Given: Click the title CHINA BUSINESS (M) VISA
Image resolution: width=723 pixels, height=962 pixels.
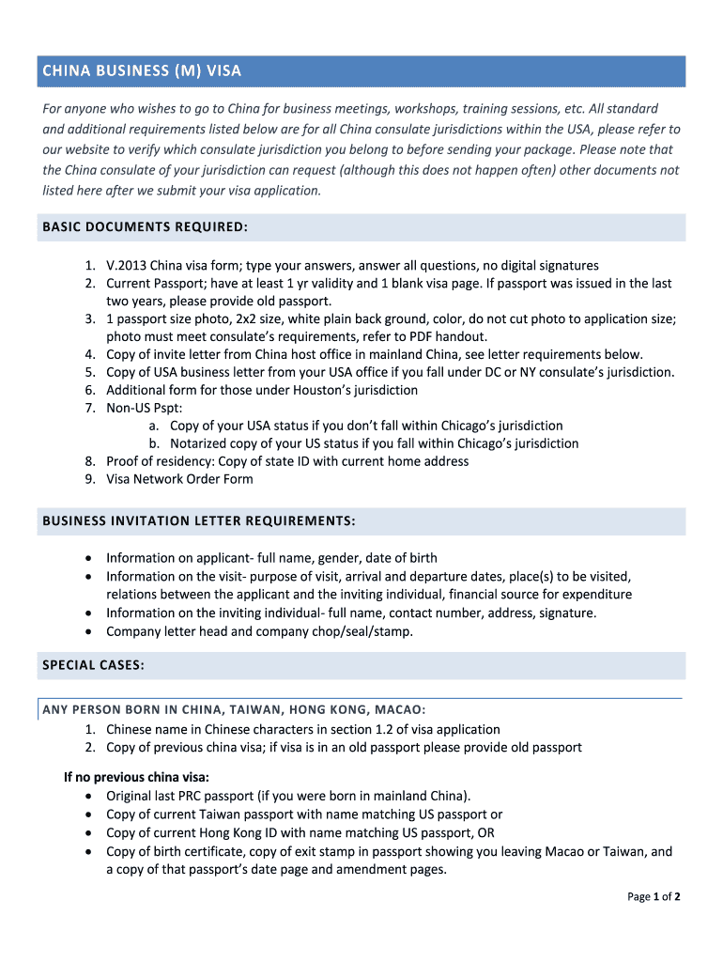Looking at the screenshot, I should (x=142, y=70).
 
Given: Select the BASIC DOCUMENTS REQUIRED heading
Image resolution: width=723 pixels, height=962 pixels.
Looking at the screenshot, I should (x=145, y=227).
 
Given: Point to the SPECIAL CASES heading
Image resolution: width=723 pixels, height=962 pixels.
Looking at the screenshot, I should (x=93, y=665).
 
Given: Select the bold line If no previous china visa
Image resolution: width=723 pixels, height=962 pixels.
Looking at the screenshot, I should (x=136, y=777).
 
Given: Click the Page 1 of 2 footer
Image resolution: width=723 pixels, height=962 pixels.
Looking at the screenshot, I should (x=654, y=896).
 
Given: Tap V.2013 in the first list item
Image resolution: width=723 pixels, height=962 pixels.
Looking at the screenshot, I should (x=126, y=266).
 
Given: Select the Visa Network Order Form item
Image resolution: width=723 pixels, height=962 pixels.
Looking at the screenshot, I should (x=179, y=479).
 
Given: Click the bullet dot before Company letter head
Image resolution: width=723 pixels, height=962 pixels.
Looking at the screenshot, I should (x=88, y=632).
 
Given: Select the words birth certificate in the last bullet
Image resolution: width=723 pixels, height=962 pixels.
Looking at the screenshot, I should (x=192, y=852).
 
